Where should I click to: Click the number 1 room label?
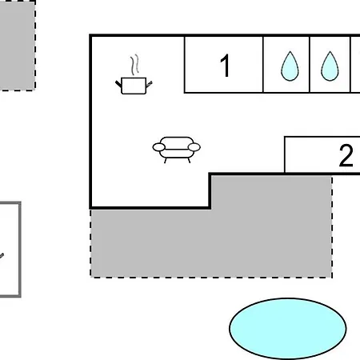226,66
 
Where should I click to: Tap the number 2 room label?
346,155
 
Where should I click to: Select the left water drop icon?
290,66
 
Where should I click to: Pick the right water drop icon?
330,66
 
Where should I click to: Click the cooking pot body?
134,86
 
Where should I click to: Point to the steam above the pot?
135,65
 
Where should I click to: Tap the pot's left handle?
118,84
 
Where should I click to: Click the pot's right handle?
149,84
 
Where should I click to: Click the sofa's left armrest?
159,147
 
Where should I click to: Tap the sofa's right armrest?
194,147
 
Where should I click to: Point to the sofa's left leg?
166,161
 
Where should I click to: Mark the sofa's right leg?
189,160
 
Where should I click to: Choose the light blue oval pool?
288,329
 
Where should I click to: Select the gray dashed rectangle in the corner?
17,46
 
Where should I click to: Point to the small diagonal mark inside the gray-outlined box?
2,256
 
